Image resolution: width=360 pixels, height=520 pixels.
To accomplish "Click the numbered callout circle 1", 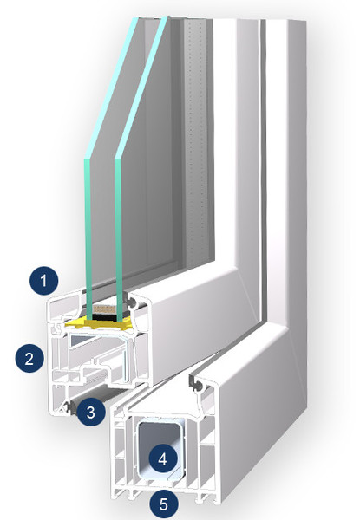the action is pos(43,281).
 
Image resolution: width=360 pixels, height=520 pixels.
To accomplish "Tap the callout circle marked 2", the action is pos(29,358).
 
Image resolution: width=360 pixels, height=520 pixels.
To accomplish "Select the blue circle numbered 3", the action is pos(91,412).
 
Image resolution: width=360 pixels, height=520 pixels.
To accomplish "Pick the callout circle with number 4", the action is pos(163,459).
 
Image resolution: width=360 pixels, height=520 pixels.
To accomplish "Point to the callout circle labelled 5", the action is pos(164,504).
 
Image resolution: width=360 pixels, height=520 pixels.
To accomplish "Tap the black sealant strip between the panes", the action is pos(104,317).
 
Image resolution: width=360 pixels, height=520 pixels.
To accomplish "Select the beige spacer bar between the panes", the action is pos(104,309).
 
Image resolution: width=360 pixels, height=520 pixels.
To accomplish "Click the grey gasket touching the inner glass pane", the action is pos(130,301).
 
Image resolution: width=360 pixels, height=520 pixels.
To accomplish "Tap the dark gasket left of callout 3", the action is pos(70,408).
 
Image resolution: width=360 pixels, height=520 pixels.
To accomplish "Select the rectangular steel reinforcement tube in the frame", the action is pos(161,449).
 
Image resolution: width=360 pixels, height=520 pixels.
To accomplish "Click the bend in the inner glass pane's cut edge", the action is pos(118,158).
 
